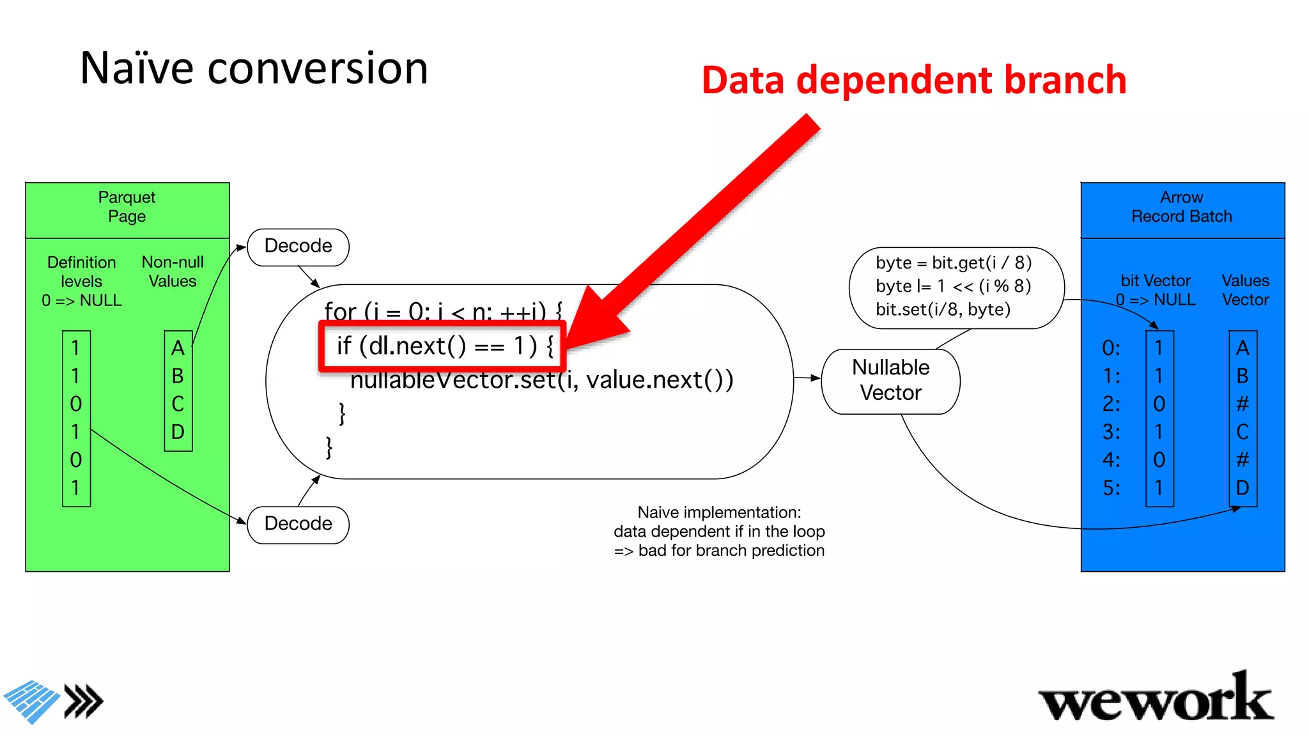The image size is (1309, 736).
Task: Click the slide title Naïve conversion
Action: (x=254, y=68)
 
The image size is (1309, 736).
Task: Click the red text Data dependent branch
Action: (x=913, y=80)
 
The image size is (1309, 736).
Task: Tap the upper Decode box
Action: (x=298, y=247)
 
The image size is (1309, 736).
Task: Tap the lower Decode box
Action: (x=298, y=524)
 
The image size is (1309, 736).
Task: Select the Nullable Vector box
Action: (x=890, y=380)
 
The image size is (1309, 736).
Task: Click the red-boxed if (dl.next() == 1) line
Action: (x=443, y=346)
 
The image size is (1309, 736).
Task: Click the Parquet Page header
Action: (x=127, y=207)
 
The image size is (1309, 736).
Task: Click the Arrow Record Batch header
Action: (x=1182, y=207)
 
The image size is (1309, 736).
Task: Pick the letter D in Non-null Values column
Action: (x=178, y=432)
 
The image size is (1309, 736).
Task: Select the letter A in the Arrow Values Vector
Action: (x=1243, y=348)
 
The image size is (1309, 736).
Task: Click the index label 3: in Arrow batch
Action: (x=1111, y=432)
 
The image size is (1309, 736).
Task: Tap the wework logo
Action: (x=1156, y=700)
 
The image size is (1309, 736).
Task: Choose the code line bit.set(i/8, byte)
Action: (x=943, y=310)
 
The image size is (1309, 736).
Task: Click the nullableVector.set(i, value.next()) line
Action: (x=541, y=380)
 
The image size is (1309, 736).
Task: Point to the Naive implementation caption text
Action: (x=719, y=532)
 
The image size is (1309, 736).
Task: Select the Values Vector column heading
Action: (x=1245, y=290)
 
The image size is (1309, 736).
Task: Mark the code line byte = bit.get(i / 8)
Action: (x=954, y=263)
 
